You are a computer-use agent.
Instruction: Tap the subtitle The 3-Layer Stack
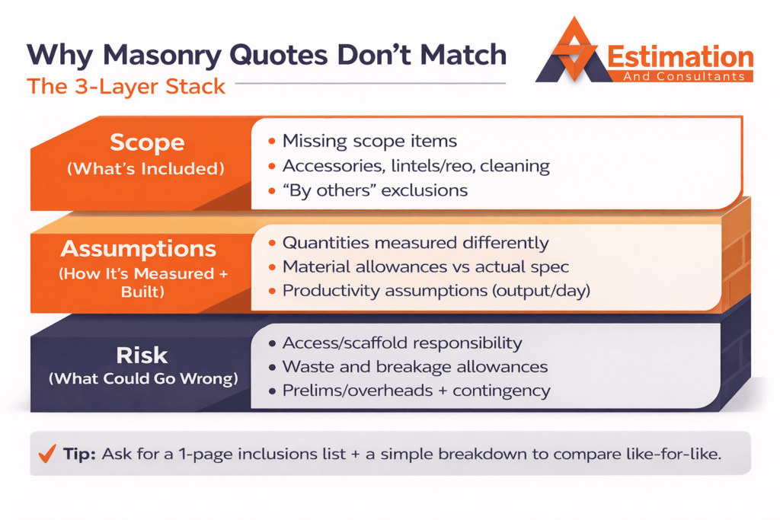[x=126, y=86]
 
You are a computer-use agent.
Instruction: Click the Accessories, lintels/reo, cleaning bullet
[x=415, y=165]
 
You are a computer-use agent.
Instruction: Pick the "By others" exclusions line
[x=376, y=190]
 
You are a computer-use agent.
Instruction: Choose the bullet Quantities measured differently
[x=415, y=243]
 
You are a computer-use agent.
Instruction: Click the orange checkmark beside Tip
[x=48, y=455]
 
